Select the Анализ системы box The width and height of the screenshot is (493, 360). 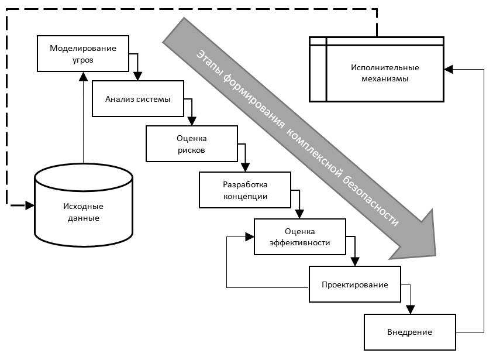point(138,98)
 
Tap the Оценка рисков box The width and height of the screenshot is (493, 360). point(192,145)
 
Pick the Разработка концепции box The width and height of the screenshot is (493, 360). point(245,190)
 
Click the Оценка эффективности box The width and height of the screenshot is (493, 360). point(299,236)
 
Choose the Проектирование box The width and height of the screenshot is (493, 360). point(354,284)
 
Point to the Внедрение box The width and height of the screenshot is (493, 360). point(409,332)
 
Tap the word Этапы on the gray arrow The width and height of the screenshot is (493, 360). point(206,60)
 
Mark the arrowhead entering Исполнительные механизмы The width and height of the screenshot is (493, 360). point(448,69)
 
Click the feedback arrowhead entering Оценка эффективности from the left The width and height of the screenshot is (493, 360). point(250,236)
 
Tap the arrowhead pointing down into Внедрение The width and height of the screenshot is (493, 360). point(411,310)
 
